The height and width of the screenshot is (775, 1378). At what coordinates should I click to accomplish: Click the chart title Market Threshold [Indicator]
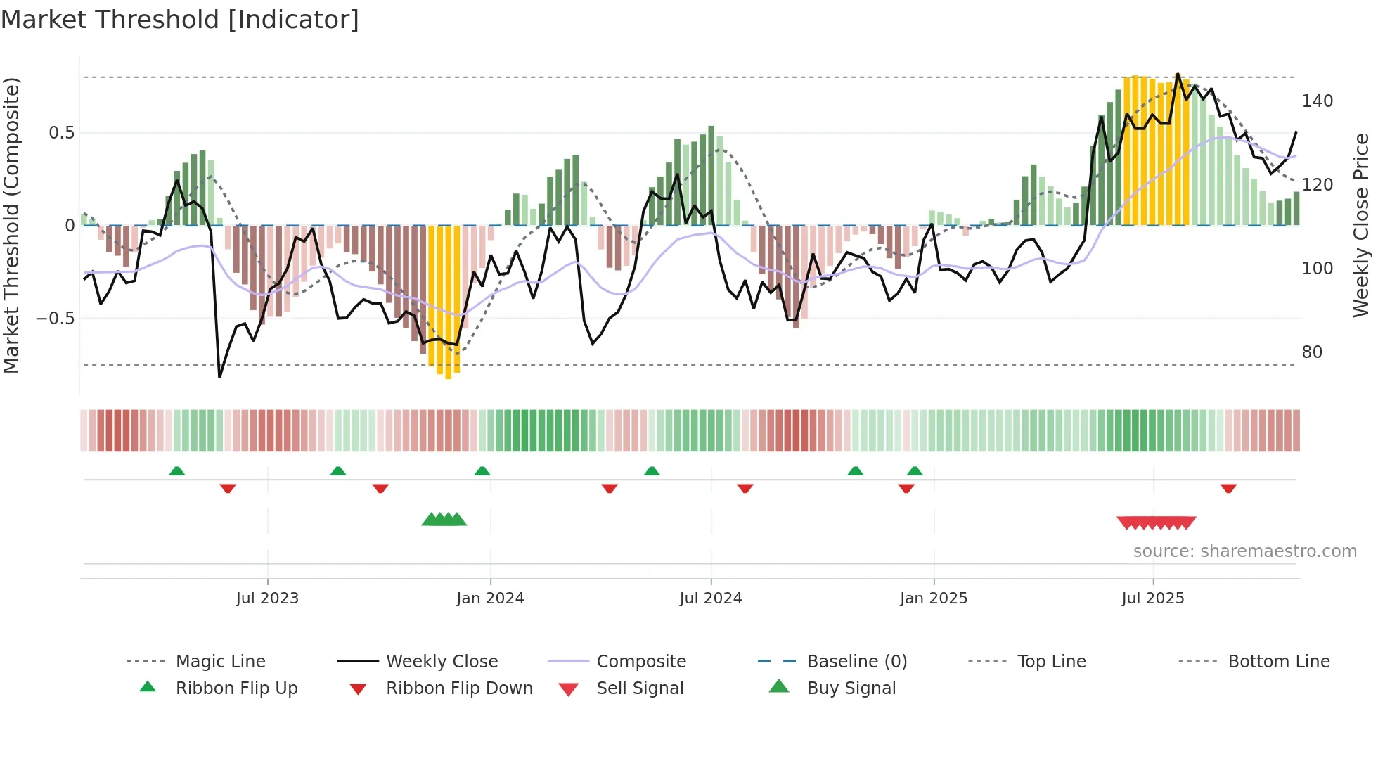pos(180,20)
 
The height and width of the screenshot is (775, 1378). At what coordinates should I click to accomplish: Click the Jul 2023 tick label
pos(267,598)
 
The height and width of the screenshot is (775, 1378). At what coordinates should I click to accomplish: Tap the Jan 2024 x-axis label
pos(490,598)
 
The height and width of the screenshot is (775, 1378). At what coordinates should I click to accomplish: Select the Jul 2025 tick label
pos(1152,598)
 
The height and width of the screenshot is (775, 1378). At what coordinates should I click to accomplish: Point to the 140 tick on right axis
pos(1317,101)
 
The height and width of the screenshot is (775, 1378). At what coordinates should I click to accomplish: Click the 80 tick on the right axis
pos(1312,352)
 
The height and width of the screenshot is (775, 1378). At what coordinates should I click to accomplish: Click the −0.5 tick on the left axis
pos(56,319)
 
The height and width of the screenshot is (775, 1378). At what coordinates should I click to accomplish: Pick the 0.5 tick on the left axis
pos(61,133)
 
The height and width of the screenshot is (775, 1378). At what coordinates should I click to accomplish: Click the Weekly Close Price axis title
pos(1361,225)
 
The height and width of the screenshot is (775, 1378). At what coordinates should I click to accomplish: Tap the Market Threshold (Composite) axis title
pos(12,225)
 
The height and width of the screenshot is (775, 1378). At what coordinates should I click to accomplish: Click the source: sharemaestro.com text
pos(1244,551)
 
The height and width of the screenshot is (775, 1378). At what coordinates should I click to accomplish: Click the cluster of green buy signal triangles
pos(444,520)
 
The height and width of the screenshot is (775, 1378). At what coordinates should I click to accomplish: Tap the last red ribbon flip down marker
pos(1228,488)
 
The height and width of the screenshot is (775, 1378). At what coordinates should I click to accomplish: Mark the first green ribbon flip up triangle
pos(177,471)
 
